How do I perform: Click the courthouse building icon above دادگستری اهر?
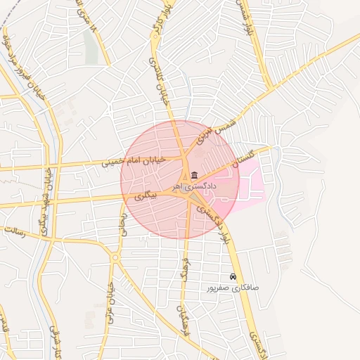194,175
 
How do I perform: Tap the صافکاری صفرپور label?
233,288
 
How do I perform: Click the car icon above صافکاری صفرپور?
233,276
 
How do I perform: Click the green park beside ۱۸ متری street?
90,45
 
